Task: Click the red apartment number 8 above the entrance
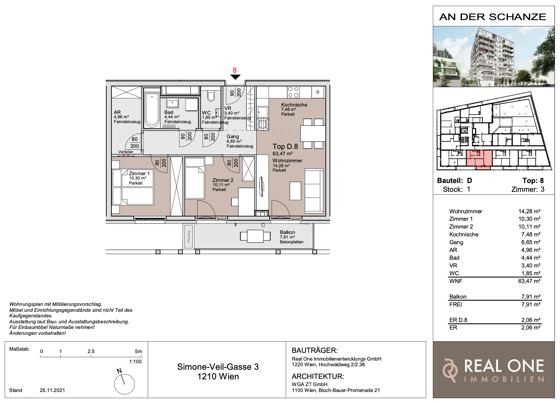(x=235, y=70)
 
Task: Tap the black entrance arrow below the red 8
(x=235, y=77)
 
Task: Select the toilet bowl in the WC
(x=211, y=96)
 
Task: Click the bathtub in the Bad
(x=152, y=109)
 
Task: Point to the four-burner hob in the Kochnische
(x=293, y=92)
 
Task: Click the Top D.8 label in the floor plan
(x=285, y=146)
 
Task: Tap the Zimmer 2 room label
(x=223, y=180)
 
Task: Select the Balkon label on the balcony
(x=287, y=232)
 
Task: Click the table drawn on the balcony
(x=255, y=236)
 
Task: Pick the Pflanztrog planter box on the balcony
(x=189, y=237)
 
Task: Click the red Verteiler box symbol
(x=126, y=155)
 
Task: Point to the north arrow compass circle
(x=124, y=384)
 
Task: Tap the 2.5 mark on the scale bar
(x=91, y=351)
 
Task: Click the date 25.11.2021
(x=52, y=390)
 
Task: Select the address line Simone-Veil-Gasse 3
(x=218, y=367)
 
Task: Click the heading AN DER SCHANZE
(x=493, y=17)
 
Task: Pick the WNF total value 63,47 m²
(x=529, y=281)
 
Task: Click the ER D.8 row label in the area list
(x=458, y=320)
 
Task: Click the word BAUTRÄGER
(x=315, y=350)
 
